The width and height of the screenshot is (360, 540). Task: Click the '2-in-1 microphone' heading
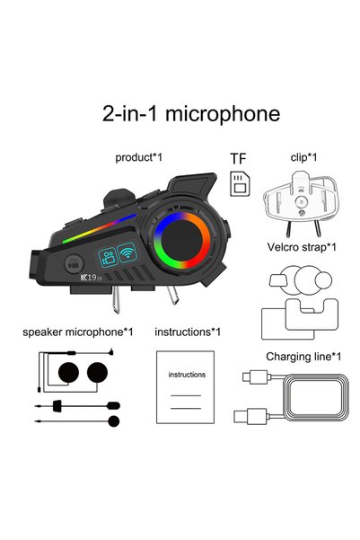[x=191, y=113]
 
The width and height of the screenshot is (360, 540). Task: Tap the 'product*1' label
[x=138, y=158]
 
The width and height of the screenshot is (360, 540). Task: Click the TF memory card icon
[x=240, y=184]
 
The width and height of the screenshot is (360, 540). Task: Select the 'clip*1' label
[x=303, y=157]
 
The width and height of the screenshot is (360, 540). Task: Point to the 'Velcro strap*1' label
[x=302, y=247]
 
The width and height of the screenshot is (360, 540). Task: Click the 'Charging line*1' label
[x=303, y=357]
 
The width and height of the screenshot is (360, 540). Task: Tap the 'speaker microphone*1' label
[x=78, y=332]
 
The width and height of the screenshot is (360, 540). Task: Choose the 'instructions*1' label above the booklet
[x=188, y=332]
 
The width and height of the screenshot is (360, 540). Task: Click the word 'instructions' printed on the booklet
[x=187, y=375]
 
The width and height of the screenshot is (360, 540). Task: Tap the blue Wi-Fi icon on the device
[x=127, y=252]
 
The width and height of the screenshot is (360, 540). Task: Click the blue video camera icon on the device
[x=108, y=258]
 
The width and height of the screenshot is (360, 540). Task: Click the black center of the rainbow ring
[x=181, y=241]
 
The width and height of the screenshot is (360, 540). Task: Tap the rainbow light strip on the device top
[x=99, y=228]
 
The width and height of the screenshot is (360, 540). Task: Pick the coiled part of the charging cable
[x=316, y=397]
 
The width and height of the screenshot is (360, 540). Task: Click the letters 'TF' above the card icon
[x=238, y=159]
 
